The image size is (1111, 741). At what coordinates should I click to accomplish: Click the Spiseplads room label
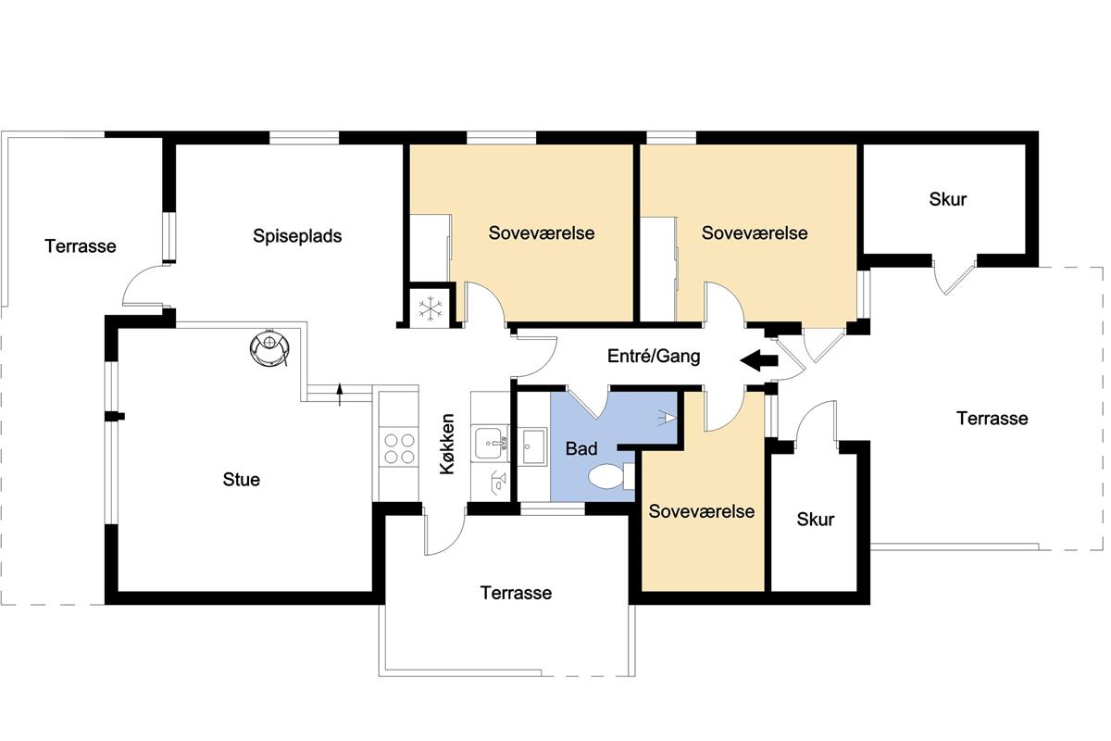point(297,236)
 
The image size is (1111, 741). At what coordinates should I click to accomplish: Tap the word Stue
point(241,480)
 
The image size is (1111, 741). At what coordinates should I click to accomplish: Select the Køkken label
point(447,444)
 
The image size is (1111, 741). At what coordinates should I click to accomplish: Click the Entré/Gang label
point(654,356)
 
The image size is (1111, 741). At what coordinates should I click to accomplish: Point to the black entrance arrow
point(759,360)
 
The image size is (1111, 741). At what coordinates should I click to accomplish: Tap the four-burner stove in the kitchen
point(399,448)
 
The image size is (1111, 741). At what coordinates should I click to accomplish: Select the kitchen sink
point(491,443)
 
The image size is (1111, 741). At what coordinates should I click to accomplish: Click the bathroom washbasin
point(532,446)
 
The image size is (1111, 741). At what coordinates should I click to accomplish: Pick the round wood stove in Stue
point(269,347)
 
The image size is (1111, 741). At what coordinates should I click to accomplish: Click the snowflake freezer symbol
point(430,308)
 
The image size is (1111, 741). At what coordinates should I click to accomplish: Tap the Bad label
point(581,448)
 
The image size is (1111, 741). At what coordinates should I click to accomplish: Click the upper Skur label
point(948,199)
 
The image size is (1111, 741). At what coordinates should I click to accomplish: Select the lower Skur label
point(816,520)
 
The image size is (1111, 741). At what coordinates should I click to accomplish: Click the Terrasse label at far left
point(81,246)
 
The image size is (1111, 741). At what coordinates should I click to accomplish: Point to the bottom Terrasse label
point(516,593)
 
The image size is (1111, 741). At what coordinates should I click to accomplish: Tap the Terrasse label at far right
point(992,419)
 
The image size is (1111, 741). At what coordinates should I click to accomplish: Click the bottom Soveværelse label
point(702,511)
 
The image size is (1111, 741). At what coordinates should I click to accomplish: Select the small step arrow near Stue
point(340,394)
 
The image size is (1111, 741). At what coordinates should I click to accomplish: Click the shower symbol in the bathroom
point(668,418)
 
